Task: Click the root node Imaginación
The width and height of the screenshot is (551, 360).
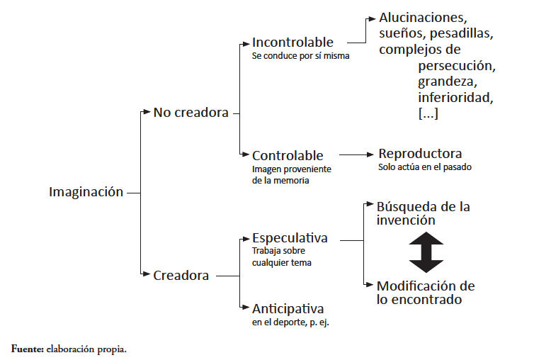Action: (86, 192)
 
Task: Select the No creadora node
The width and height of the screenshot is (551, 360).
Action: (191, 113)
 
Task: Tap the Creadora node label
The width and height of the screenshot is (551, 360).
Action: (181, 275)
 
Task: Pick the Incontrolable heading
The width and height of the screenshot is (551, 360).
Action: (292, 43)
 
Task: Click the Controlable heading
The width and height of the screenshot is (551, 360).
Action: (288, 155)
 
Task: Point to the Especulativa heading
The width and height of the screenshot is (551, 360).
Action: (290, 238)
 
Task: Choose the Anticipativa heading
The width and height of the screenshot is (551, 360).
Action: (288, 309)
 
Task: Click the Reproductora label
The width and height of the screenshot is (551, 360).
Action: (420, 154)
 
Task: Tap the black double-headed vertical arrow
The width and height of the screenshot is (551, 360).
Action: (426, 252)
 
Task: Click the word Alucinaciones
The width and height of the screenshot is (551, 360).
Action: (423, 17)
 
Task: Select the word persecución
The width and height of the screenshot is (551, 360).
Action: (457, 66)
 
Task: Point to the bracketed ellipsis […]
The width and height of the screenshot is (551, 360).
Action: (428, 113)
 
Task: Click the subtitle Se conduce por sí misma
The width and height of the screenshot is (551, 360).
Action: (300, 56)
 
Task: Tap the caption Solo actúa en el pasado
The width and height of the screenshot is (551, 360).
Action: (425, 167)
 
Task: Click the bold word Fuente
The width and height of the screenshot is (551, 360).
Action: (28, 349)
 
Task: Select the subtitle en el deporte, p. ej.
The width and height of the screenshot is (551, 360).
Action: (290, 322)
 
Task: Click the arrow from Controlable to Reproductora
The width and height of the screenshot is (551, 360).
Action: (356, 154)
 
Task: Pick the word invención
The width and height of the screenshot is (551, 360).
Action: (406, 220)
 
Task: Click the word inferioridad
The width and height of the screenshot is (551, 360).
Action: (456, 97)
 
